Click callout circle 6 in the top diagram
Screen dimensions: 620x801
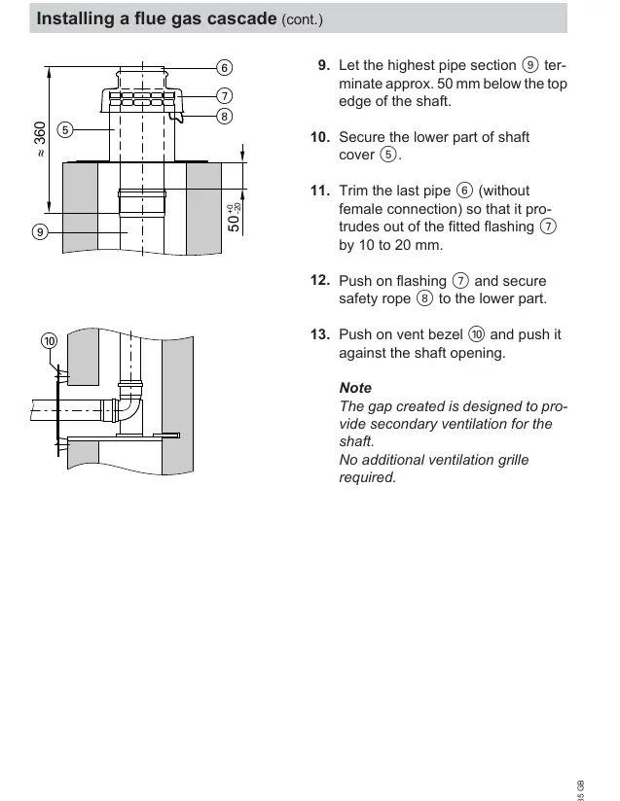coord(224,67)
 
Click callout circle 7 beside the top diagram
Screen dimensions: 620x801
coord(224,95)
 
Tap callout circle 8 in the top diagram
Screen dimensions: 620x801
coord(224,117)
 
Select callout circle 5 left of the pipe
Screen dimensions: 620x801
coord(65,129)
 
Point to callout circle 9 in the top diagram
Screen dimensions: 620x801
coord(40,232)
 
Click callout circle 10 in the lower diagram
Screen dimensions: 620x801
coord(49,341)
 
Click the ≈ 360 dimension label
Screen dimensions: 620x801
coord(40,138)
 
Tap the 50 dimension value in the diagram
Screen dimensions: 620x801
coord(233,224)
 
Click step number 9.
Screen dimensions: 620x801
coord(323,65)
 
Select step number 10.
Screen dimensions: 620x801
coord(320,137)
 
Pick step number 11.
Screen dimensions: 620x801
coord(320,191)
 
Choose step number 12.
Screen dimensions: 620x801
coord(320,281)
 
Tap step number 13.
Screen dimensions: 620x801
coord(320,334)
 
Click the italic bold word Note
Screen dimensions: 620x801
coord(355,388)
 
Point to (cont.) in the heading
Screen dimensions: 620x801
coord(302,19)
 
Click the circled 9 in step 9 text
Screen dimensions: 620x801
coord(530,65)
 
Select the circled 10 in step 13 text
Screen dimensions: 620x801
coord(476,334)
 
